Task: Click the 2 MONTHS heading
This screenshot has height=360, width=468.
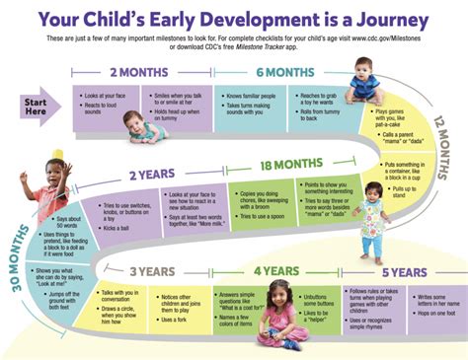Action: (136, 72)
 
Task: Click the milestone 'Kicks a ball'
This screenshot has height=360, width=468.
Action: (117, 229)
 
